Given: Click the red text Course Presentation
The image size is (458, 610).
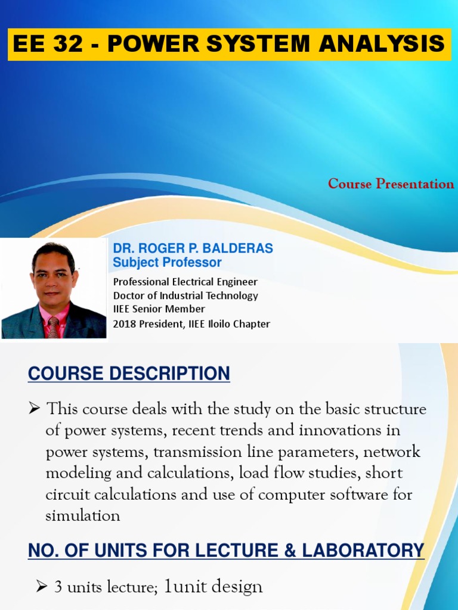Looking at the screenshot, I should coord(391,184).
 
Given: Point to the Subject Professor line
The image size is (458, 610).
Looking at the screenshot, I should coord(167,263).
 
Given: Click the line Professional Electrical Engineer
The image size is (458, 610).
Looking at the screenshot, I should coord(185,282).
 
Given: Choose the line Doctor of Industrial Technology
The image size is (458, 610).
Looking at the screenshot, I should coord(185,295).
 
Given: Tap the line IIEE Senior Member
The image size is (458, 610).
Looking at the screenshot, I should coord(159,309).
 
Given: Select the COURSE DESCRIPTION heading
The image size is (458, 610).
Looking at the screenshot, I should coord(129,374).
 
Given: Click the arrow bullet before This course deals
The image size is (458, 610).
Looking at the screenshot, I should coord(34,409).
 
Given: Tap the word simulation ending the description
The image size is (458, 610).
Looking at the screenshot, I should coord(83,516).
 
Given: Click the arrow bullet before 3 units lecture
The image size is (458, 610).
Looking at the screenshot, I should coord(42,587).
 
